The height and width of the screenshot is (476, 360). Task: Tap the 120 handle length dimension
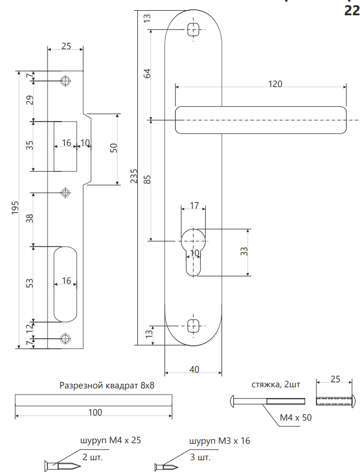pos(275,84)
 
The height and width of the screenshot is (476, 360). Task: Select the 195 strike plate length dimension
pos(15,209)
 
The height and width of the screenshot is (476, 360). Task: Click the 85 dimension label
pos(147,180)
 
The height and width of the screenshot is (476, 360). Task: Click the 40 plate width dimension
pos(194,370)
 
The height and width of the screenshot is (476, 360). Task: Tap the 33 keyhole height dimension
pos(244,253)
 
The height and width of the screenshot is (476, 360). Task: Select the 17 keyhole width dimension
pos(193,206)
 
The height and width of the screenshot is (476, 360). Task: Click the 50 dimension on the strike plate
pos(114,148)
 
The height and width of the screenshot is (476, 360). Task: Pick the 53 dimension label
pos(30,283)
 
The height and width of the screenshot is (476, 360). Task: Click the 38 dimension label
pos(30,219)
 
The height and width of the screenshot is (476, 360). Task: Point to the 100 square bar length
pos(96,413)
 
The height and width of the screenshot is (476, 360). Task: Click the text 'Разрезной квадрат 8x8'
pos(107,385)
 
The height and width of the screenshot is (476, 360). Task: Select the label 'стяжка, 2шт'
pos(276,385)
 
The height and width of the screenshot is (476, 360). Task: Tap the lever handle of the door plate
pos(261,120)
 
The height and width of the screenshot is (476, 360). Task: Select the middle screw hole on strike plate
pos(66,193)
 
